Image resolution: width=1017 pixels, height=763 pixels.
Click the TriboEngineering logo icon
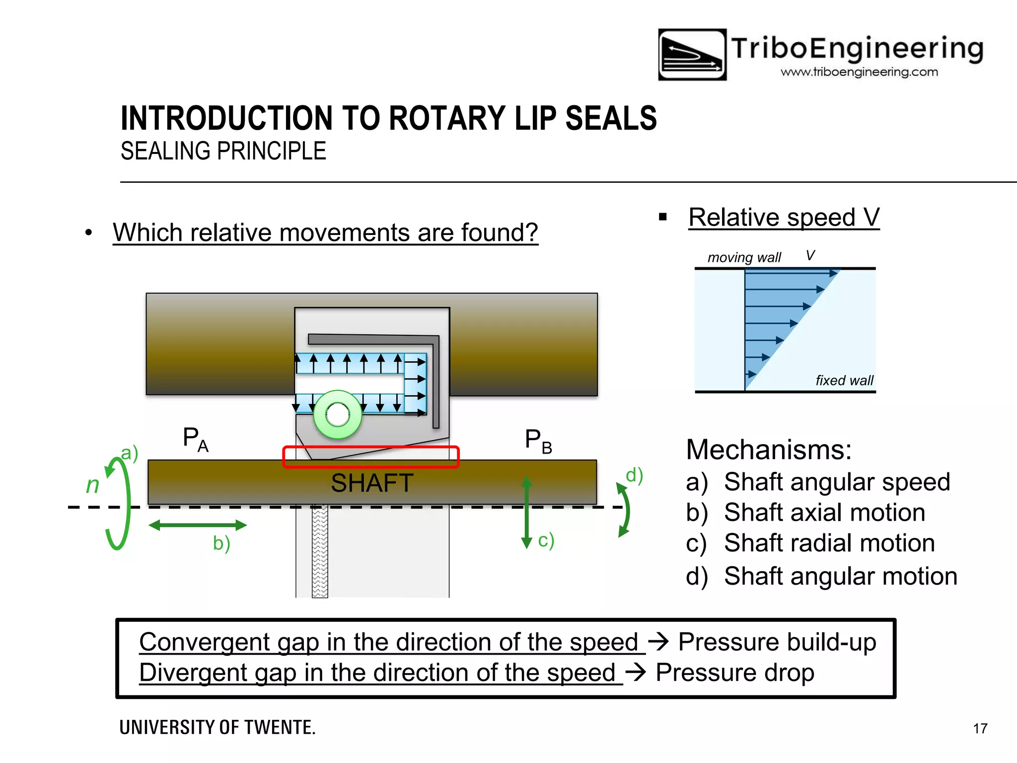pyautogui.click(x=692, y=55)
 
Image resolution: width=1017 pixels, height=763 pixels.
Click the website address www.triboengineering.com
pyautogui.click(x=859, y=72)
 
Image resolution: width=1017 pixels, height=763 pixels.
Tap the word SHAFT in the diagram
pyautogui.click(x=372, y=483)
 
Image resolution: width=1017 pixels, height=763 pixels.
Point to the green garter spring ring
pyautogui.click(x=338, y=415)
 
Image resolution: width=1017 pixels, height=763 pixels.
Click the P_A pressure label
pyautogui.click(x=195, y=439)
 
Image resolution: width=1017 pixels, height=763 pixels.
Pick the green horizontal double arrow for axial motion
pyautogui.click(x=198, y=525)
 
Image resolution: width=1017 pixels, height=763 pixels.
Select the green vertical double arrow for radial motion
pyautogui.click(x=526, y=512)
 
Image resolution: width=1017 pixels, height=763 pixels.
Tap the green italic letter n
pyautogui.click(x=93, y=485)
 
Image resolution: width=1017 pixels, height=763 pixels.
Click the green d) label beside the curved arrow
pyautogui.click(x=634, y=475)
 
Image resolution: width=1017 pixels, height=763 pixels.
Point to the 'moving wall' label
pyautogui.click(x=744, y=257)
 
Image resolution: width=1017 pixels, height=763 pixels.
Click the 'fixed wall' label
pyautogui.click(x=844, y=381)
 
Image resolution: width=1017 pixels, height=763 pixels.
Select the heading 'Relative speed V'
pyautogui.click(x=784, y=218)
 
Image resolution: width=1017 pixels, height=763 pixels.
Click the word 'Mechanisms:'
pyautogui.click(x=769, y=450)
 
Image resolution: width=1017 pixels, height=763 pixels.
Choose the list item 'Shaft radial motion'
pyautogui.click(x=829, y=543)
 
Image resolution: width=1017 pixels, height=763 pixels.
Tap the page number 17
pyautogui.click(x=980, y=728)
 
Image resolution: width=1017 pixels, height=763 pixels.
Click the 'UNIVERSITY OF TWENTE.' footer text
pyautogui.click(x=218, y=727)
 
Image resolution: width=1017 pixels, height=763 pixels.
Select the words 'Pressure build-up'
pyautogui.click(x=777, y=642)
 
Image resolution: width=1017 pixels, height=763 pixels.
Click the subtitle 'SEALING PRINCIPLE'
pyautogui.click(x=223, y=151)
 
